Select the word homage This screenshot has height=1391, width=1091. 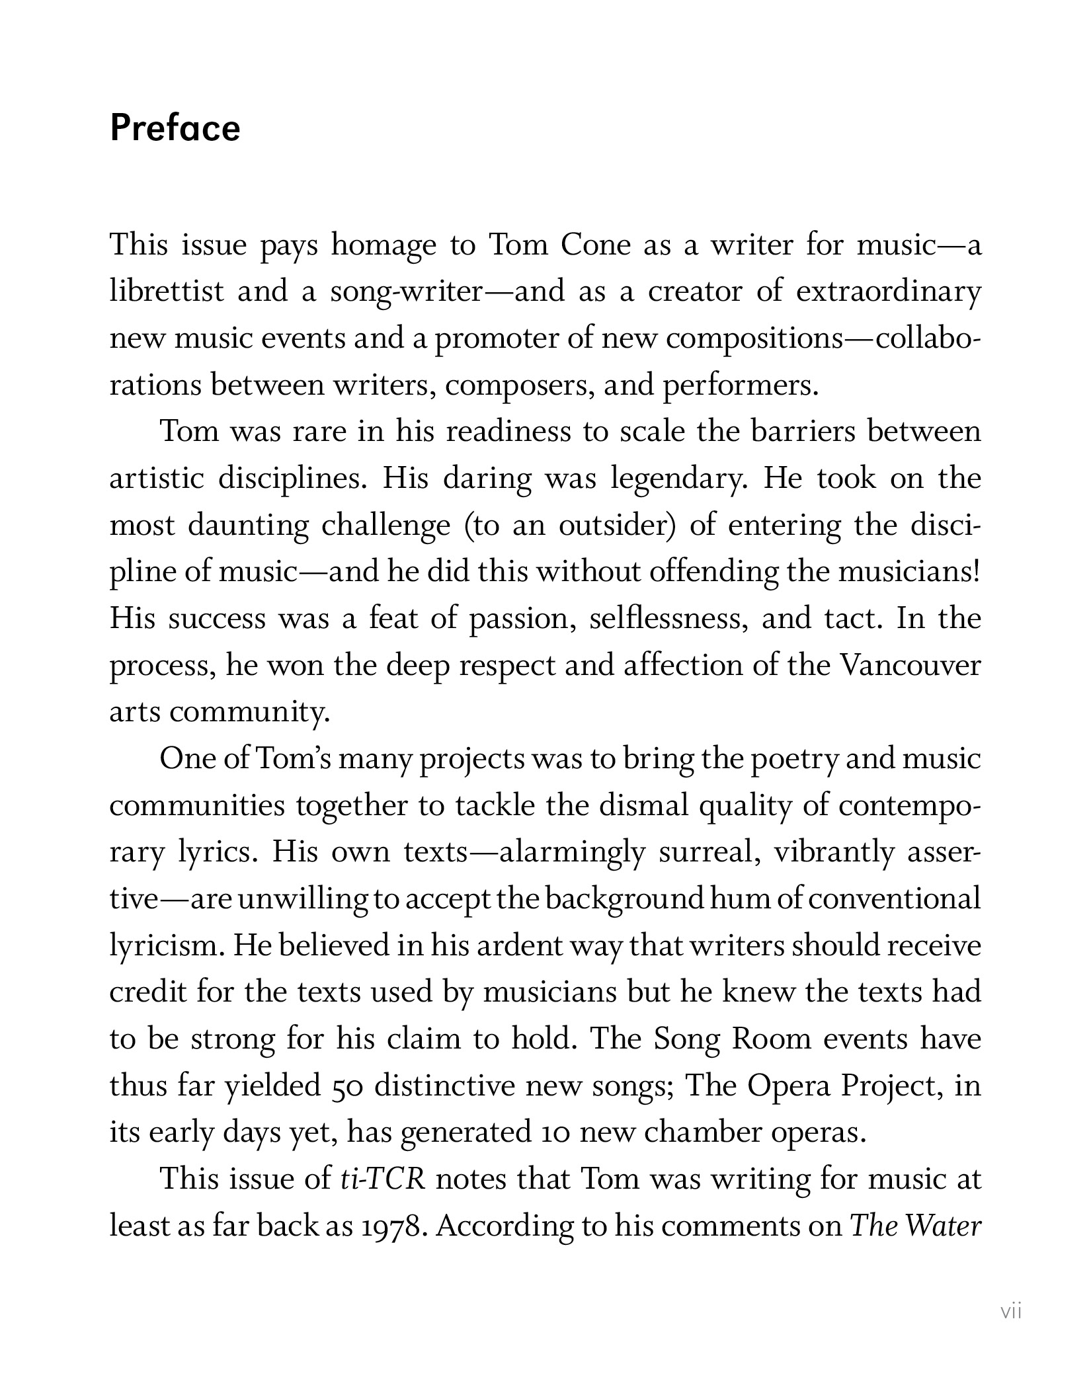pyautogui.click(x=384, y=245)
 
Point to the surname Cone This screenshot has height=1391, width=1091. pyautogui.click(x=596, y=245)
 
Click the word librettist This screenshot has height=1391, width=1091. pyautogui.click(x=167, y=292)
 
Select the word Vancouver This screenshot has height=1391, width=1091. pyautogui.click(x=910, y=664)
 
